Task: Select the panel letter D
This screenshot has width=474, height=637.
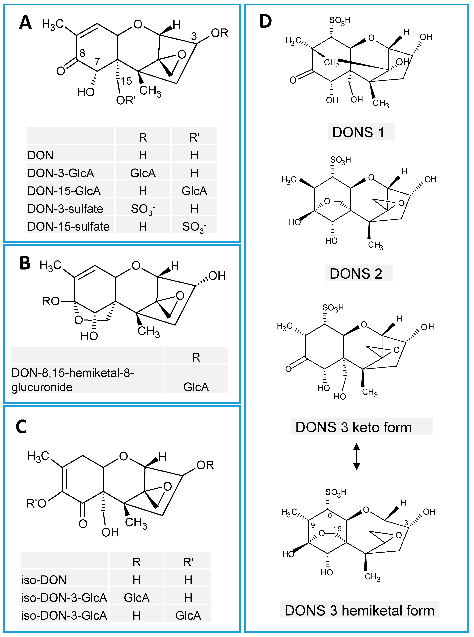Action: tap(265, 22)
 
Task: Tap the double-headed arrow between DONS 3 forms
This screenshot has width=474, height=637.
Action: tap(356, 457)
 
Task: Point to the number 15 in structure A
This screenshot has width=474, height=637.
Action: tap(126, 81)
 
